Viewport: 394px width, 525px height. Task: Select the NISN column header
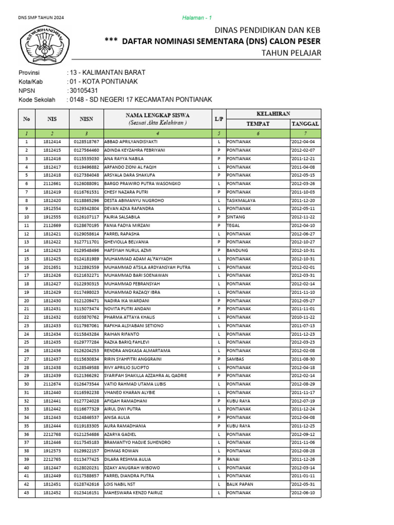pyautogui.click(x=87, y=119)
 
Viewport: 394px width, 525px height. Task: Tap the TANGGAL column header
pyautogui.click(x=305, y=124)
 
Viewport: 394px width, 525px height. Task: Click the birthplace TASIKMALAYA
pyautogui.click(x=241, y=200)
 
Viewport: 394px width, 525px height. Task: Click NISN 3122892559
pyautogui.click(x=86, y=267)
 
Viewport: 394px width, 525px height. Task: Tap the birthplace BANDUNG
pyautogui.click(x=238, y=250)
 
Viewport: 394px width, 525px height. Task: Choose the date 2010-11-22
pyautogui.click(x=303, y=317)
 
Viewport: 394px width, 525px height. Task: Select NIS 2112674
pyautogui.click(x=52, y=384)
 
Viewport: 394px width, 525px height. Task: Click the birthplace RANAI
pyautogui.click(x=234, y=459)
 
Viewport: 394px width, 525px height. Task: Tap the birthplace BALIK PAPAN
pyautogui.click(x=240, y=484)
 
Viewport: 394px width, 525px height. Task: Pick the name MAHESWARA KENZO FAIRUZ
pyautogui.click(x=133, y=493)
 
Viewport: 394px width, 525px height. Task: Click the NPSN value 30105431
pyautogui.click(x=84, y=91)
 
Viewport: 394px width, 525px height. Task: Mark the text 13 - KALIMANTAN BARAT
pyautogui.click(x=107, y=72)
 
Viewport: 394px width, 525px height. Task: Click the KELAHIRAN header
pyautogui.click(x=273, y=113)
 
